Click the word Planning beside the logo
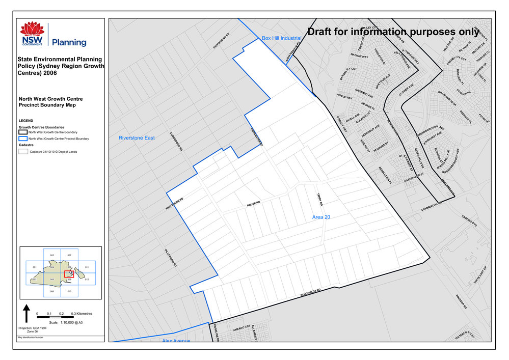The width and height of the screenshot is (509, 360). point(69,42)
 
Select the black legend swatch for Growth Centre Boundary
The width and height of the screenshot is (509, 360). point(23,132)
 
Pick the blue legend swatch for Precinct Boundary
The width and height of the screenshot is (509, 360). point(23,138)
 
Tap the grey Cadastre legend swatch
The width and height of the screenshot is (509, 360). point(23,152)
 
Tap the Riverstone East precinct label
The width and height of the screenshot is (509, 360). point(136,138)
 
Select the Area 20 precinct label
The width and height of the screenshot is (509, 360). point(322,217)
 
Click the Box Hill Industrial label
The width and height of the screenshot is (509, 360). point(282,38)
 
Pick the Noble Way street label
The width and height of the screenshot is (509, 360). point(345,97)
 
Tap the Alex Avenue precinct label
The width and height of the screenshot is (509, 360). point(176,340)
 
